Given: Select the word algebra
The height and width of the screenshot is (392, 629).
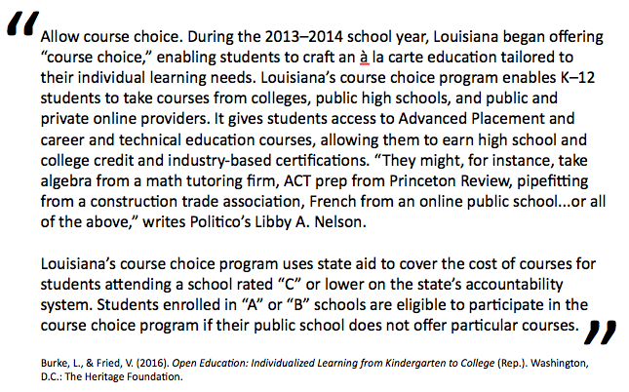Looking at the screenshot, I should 67,182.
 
